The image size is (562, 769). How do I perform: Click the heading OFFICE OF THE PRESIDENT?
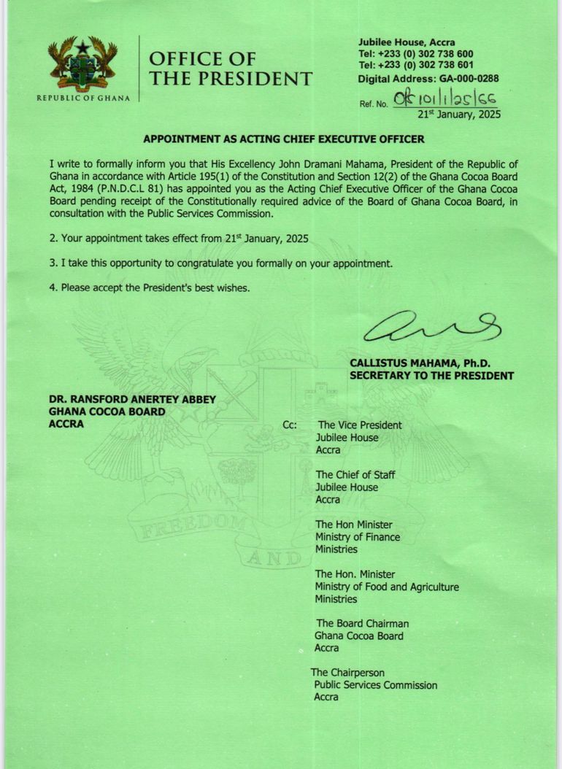click(230, 69)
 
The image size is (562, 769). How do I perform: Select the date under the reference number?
click(459, 115)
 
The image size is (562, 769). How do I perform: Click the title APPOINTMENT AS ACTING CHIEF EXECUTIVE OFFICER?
click(283, 139)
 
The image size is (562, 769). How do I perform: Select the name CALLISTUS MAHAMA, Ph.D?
click(420, 363)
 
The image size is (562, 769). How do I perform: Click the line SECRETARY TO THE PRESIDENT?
click(431, 376)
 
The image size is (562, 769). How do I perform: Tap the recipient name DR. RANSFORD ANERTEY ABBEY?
click(132, 400)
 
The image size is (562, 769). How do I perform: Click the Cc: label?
click(289, 425)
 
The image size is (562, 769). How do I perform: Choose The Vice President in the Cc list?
click(360, 425)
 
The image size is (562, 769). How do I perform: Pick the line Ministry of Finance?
click(358, 537)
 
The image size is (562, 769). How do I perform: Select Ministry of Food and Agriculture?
click(387, 587)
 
